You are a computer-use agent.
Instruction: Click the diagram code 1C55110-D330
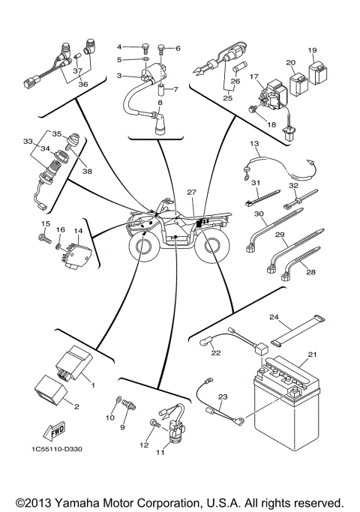pyautogui.click(x=57, y=451)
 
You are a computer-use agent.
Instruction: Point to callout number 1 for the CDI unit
pyautogui.click(x=92, y=385)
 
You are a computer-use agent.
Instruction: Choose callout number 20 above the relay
pyautogui.click(x=291, y=62)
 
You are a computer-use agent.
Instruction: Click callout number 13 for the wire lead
pyautogui.click(x=254, y=143)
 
